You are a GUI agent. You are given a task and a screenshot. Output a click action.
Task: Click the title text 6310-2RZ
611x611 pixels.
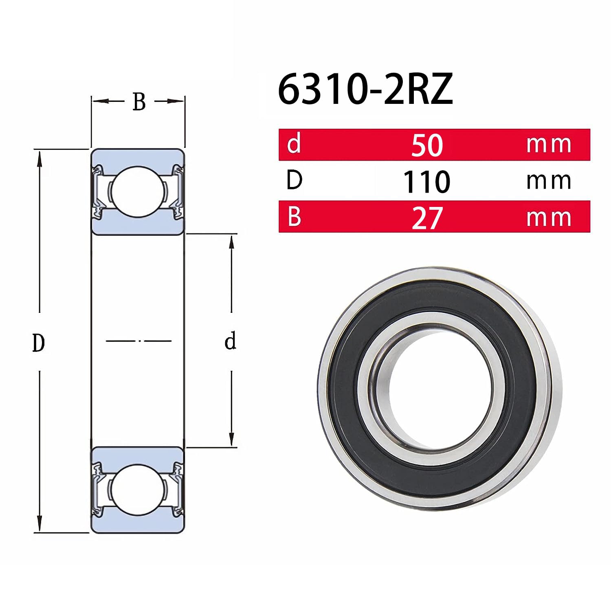click(365, 90)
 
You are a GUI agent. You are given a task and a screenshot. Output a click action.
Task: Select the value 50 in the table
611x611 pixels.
click(426, 145)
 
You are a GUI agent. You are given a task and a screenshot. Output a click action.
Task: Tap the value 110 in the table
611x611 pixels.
click(426, 182)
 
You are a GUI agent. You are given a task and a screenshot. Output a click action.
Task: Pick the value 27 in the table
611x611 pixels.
click(426, 218)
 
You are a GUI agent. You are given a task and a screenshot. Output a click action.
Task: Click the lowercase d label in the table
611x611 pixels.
click(294, 144)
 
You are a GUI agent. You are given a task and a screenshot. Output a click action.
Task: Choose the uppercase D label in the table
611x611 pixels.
click(294, 180)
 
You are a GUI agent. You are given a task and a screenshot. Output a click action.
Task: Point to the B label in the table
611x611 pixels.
click(294, 217)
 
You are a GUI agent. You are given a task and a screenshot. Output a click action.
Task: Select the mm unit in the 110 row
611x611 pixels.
click(548, 181)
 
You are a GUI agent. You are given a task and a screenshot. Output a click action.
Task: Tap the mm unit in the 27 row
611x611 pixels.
click(548, 218)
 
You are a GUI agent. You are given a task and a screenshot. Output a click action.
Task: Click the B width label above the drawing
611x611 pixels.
click(139, 102)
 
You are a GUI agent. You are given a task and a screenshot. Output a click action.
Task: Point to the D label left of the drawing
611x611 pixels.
click(38, 343)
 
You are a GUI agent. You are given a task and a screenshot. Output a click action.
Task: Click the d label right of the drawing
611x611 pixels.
click(231, 341)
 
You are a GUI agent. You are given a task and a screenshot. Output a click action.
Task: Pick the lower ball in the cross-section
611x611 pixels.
click(138, 489)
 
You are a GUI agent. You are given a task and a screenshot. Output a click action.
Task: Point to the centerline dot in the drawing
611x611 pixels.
click(140, 341)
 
